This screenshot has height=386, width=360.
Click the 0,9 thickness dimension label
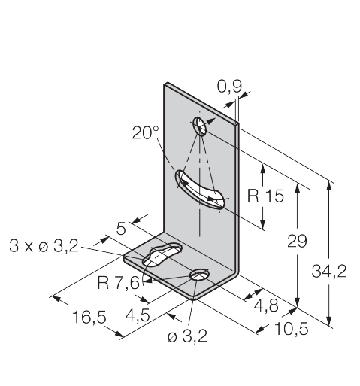[229, 87]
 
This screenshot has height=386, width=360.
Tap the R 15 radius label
[265, 196]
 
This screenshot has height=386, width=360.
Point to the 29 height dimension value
[297, 241]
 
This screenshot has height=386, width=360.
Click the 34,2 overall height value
[329, 271]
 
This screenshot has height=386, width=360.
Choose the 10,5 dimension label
[292, 329]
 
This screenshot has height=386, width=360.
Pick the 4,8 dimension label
[266, 306]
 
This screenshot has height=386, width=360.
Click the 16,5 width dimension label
[89, 317]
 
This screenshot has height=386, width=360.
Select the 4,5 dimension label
[138, 315]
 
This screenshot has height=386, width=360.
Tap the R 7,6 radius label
[118, 283]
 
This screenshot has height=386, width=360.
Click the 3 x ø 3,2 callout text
[44, 246]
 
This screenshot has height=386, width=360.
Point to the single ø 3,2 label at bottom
[187, 336]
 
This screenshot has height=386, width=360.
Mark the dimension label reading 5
[121, 229]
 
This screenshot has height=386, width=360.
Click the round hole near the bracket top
[200, 126]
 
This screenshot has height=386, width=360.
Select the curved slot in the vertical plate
[199, 189]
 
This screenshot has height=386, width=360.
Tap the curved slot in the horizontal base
[162, 254]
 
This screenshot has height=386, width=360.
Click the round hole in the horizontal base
[199, 275]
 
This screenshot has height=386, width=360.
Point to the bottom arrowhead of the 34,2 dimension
[330, 321]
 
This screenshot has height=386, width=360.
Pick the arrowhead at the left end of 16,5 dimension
[56, 298]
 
